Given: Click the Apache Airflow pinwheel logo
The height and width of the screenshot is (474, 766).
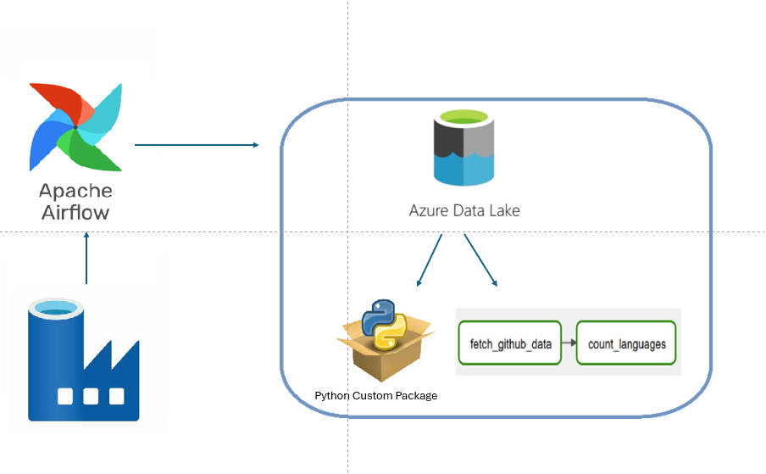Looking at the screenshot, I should (75, 127).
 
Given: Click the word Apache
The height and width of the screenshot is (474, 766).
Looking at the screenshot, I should (75, 191).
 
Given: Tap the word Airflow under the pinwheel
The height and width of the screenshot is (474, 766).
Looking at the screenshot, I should (75, 212).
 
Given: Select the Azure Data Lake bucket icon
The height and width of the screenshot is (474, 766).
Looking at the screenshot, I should (463, 151).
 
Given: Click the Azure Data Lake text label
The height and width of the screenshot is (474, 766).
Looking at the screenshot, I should (464, 210).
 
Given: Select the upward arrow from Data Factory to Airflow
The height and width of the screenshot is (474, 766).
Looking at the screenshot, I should (86, 259).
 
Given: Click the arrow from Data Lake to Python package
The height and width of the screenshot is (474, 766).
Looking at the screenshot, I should (430, 261).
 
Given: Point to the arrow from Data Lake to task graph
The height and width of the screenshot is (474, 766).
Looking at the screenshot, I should (480, 261).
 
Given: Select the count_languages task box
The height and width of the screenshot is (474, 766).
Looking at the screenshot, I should (626, 344).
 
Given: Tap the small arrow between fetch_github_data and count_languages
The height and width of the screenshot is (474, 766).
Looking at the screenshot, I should (569, 344).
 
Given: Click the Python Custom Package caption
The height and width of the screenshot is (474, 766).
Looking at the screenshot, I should (376, 396).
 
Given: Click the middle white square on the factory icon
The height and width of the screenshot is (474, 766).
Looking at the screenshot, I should (91, 396).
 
